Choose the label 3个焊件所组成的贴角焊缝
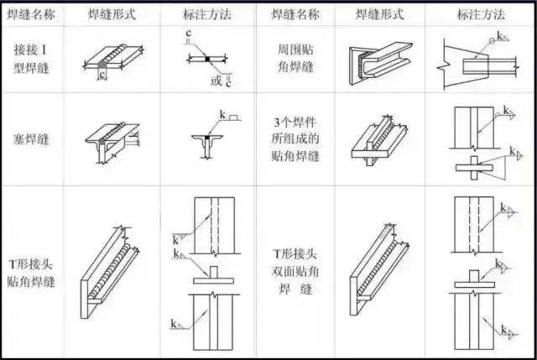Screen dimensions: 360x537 [300, 139]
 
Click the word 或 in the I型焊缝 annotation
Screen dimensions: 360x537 [216, 80]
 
